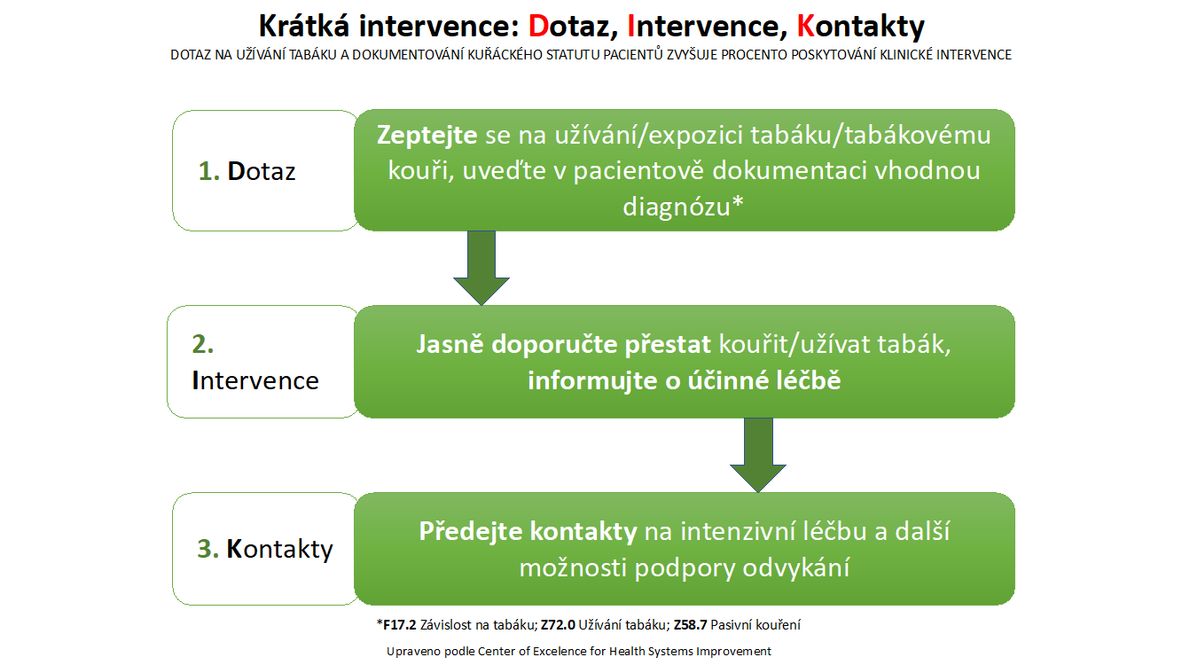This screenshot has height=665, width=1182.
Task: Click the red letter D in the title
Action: pos(539,27)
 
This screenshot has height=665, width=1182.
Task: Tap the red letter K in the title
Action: pos(806,27)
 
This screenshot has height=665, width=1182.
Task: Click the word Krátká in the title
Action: pos(304,27)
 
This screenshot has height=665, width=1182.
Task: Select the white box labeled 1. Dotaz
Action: pos(266,170)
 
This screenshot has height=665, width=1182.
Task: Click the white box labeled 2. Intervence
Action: pos(263,362)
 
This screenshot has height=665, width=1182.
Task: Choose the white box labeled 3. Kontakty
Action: pos(266,549)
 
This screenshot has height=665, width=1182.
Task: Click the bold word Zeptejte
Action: pos(427,136)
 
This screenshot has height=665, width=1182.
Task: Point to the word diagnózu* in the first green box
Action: pos(684,207)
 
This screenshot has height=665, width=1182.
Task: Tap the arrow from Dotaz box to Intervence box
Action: pos(481,268)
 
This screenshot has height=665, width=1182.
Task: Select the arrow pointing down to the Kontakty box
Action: pos(758,456)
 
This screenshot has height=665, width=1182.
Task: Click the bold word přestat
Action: pos(668,345)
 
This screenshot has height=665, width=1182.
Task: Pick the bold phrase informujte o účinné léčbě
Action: pos(685,380)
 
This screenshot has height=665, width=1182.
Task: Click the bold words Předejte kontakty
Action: pos(528,531)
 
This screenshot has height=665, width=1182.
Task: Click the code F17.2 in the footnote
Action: pos(399,625)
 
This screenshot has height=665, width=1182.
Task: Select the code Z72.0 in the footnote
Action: pos(558,625)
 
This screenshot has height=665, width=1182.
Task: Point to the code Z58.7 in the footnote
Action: pos(690,625)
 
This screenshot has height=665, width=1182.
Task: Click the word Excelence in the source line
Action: pos(560,652)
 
